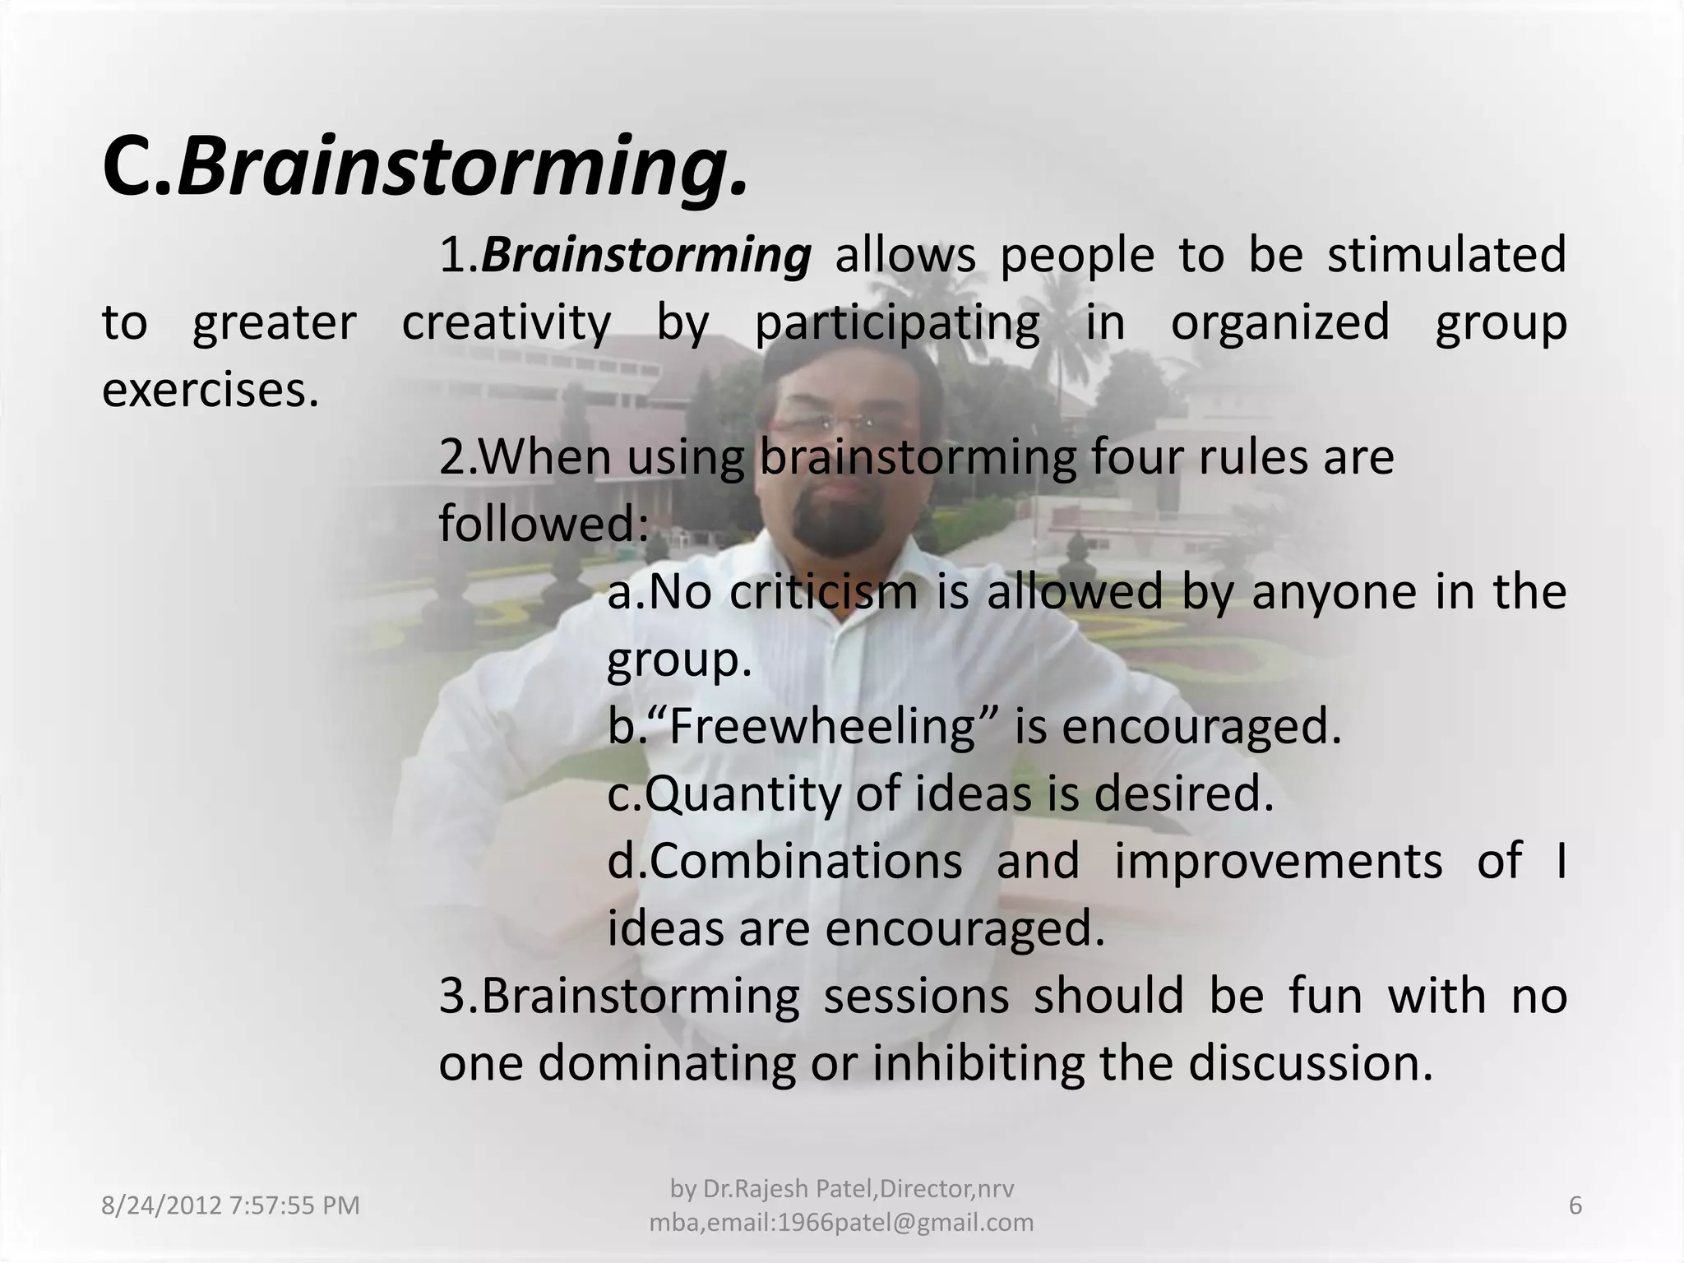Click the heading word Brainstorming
(x=463, y=169)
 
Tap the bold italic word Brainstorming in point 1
(x=646, y=255)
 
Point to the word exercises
(x=210, y=390)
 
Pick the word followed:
(x=544, y=524)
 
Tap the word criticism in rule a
(x=823, y=592)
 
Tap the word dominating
(x=667, y=1064)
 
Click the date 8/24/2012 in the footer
(x=160, y=1206)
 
